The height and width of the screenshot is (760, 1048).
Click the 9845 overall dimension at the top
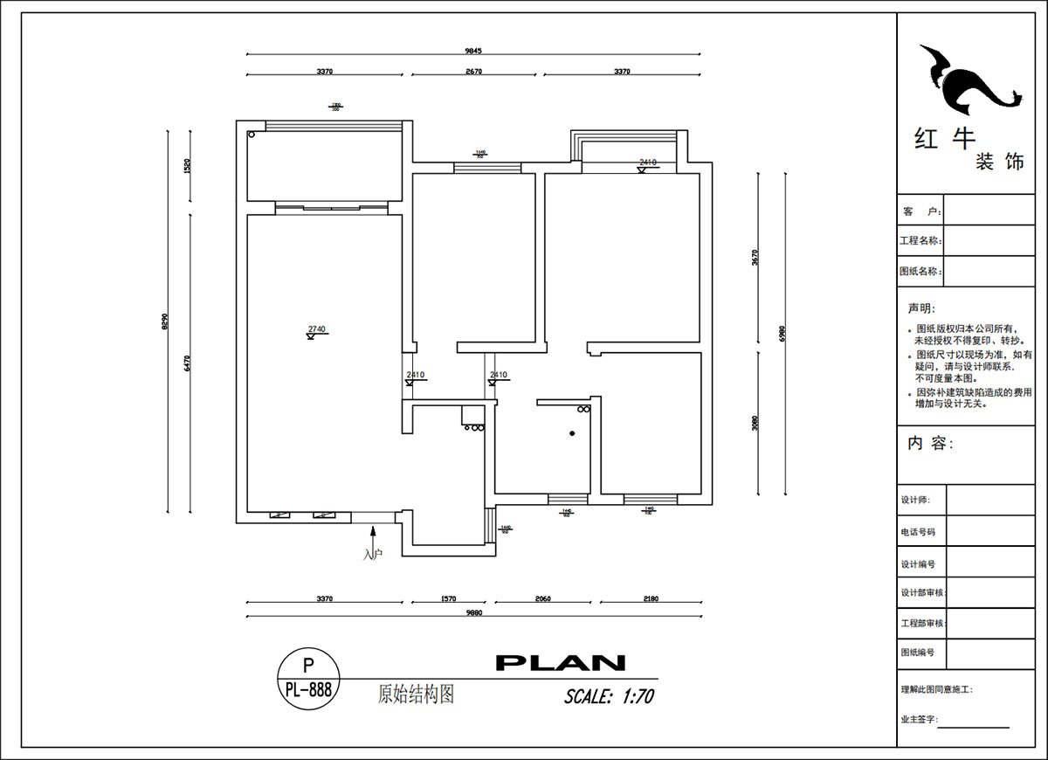click(473, 51)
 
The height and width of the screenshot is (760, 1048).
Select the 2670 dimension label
click(473, 72)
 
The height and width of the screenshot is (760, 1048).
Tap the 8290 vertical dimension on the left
click(164, 321)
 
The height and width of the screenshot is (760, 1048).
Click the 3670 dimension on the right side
click(755, 258)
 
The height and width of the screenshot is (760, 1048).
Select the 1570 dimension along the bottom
click(450, 599)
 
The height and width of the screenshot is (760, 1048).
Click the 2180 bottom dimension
click(650, 599)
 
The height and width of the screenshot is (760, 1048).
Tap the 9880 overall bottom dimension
click(473, 612)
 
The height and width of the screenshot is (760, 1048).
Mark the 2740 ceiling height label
click(316, 330)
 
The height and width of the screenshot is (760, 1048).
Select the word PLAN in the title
click(560, 663)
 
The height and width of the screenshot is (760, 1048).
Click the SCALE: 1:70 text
click(609, 696)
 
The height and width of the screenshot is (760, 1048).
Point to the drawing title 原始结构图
click(416, 694)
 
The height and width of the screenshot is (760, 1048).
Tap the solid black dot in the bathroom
click(571, 433)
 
